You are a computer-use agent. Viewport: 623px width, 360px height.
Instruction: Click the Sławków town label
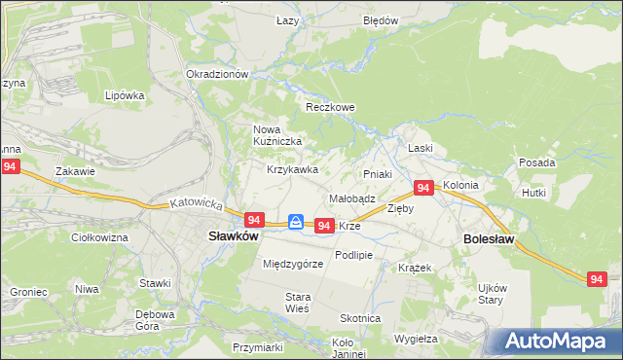point(234,236)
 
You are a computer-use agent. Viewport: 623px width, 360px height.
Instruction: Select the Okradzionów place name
point(218,74)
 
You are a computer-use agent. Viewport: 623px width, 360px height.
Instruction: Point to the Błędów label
point(381,20)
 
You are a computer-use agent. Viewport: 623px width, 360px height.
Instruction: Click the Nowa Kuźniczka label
point(278,135)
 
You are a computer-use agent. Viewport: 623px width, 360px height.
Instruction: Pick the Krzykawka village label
point(293,169)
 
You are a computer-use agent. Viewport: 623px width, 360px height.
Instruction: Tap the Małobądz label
point(352,198)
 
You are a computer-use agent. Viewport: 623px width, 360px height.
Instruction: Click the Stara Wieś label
point(297,302)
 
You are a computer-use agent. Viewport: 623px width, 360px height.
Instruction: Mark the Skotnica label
point(360,318)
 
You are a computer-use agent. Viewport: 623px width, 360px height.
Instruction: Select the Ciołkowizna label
point(100,236)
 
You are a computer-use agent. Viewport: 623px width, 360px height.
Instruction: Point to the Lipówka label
point(125,95)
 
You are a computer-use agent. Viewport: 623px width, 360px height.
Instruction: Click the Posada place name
point(536,162)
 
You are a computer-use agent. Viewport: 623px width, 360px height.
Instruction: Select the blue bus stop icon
point(296,222)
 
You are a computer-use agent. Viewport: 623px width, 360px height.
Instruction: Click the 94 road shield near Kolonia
point(423,188)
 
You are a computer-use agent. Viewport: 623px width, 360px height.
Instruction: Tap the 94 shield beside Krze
point(325,225)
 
